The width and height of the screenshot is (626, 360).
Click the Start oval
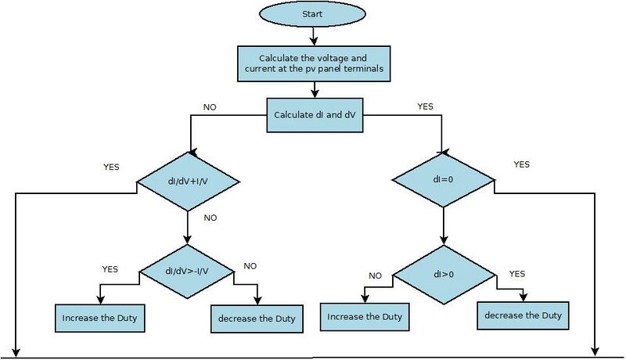312,14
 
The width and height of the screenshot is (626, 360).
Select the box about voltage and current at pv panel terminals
314,64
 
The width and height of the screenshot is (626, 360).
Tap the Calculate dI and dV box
315,115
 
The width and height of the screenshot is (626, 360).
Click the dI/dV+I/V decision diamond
188,182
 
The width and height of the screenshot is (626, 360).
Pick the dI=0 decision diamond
443,179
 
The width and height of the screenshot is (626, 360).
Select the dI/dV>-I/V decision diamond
187,272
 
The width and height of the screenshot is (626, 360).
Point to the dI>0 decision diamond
444,275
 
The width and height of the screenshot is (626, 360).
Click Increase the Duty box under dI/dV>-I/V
100,318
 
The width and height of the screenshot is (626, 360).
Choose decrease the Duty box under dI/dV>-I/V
257,319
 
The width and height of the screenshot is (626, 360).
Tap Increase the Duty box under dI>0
365,317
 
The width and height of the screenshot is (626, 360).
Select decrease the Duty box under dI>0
523,315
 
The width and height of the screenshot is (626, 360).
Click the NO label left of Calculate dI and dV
210,107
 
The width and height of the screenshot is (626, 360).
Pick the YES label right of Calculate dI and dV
425,106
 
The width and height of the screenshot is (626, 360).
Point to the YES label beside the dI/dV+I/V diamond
111,167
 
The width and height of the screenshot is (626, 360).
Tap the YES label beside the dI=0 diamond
522,164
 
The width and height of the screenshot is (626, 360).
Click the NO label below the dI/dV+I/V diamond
210,218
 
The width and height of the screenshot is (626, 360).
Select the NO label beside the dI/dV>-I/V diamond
250,266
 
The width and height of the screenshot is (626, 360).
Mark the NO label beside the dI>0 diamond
376,275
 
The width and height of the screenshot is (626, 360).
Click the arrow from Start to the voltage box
314,36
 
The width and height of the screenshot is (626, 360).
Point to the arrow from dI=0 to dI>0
444,226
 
